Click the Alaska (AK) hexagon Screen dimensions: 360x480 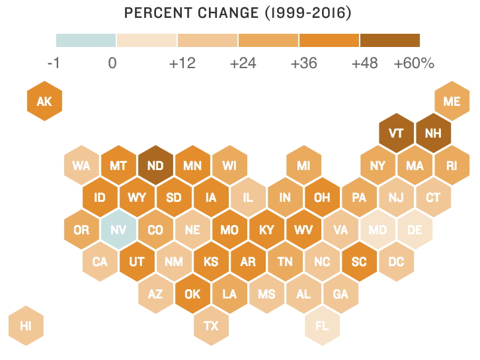(44, 101)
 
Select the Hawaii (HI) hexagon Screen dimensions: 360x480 (26, 326)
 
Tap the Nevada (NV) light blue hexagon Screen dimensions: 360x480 (118, 230)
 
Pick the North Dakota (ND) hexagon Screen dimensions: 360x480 (155, 165)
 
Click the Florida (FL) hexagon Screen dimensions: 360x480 (322, 326)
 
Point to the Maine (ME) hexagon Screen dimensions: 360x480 (452, 101)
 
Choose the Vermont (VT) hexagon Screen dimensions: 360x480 (396, 133)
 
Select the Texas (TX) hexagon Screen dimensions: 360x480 (211, 326)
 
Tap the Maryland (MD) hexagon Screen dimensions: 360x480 (378, 230)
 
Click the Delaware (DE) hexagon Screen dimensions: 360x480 (415, 230)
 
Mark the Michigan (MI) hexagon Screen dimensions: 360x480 (303, 165)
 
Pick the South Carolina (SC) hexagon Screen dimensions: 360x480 (359, 261)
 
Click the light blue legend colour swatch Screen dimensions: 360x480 (86, 40)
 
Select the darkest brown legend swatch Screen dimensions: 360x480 (390, 40)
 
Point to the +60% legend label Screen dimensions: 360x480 (414, 64)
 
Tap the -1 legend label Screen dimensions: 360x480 (54, 64)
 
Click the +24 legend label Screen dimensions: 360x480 (242, 64)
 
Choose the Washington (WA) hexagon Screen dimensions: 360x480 (81, 165)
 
